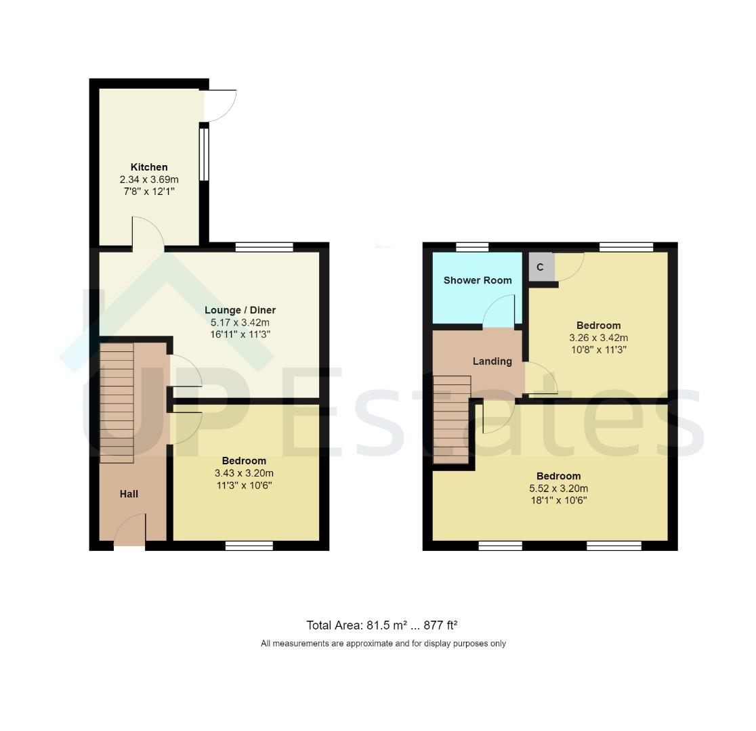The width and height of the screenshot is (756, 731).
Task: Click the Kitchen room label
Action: click(149, 167)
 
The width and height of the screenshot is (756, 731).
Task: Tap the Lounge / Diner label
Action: click(240, 310)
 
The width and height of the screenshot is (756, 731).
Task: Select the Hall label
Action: click(129, 494)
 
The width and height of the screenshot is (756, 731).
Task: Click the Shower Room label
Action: click(478, 280)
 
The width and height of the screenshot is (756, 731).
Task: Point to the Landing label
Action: click(492, 361)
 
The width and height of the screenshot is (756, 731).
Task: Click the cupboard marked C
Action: click(541, 267)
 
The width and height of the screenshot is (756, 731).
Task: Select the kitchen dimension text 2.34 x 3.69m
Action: click(149, 179)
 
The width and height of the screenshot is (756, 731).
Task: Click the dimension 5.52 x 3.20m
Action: click(558, 489)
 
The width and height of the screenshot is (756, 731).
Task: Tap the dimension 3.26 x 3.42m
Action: click(598, 338)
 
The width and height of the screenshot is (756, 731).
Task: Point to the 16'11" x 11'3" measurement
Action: click(240, 334)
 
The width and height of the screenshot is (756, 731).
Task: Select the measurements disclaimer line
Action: click(383, 644)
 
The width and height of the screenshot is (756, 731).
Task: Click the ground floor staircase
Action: click(117, 403)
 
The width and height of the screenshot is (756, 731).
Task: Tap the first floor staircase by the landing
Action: click(451, 420)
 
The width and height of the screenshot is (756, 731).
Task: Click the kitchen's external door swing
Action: click(219, 106)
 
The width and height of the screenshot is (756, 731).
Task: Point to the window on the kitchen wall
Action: click(204, 153)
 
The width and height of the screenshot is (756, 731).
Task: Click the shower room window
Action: click(471, 247)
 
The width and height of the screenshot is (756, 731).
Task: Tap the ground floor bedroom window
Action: click(249, 546)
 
